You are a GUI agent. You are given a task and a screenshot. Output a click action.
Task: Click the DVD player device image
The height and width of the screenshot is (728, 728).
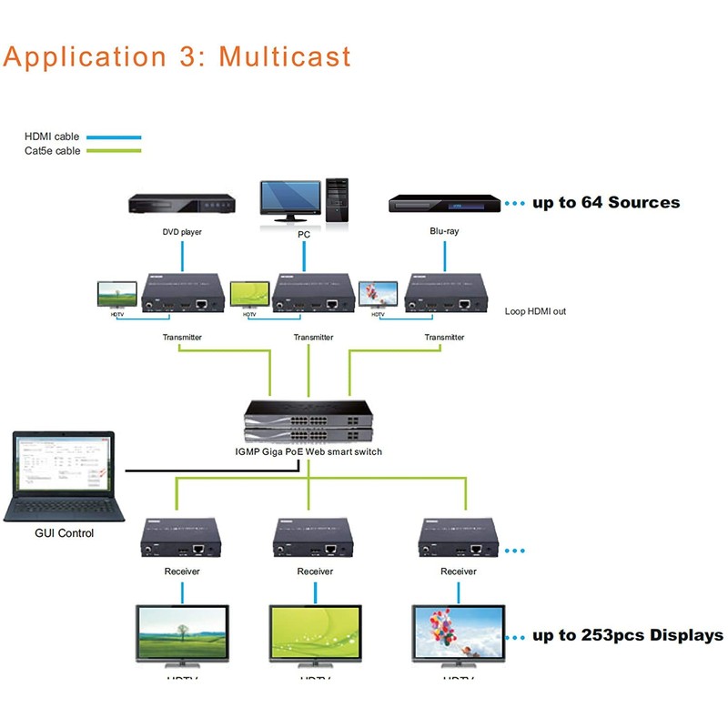[182, 205]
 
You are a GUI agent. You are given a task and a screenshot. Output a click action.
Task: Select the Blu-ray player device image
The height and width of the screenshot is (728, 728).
[445, 204]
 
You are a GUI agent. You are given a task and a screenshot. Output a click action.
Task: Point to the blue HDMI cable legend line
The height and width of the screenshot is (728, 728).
[113, 136]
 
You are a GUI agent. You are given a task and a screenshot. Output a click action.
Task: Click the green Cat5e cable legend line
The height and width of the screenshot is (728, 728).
[113, 150]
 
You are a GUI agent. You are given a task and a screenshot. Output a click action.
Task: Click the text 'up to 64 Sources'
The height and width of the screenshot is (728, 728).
[606, 202]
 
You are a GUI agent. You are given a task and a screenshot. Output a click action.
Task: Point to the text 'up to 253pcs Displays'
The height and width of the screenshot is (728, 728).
[628, 635]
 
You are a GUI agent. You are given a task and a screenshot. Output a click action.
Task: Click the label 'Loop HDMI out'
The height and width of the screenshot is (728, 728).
[535, 311]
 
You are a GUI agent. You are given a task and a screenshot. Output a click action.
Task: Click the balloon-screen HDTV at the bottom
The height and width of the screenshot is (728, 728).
[458, 635]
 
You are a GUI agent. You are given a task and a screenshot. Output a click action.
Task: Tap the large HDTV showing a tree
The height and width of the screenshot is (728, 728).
[182, 635]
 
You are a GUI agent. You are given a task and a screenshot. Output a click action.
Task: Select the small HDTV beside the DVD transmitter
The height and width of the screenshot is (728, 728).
[116, 295]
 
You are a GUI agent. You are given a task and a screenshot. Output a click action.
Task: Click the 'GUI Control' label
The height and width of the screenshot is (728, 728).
[64, 533]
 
